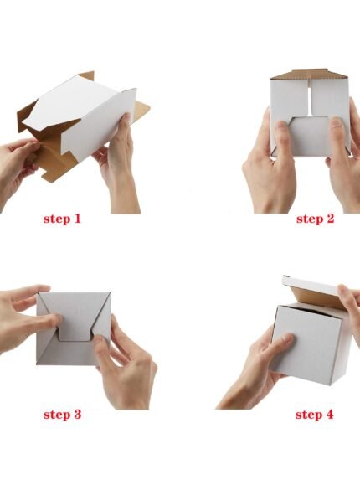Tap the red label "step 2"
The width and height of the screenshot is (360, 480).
315,219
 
